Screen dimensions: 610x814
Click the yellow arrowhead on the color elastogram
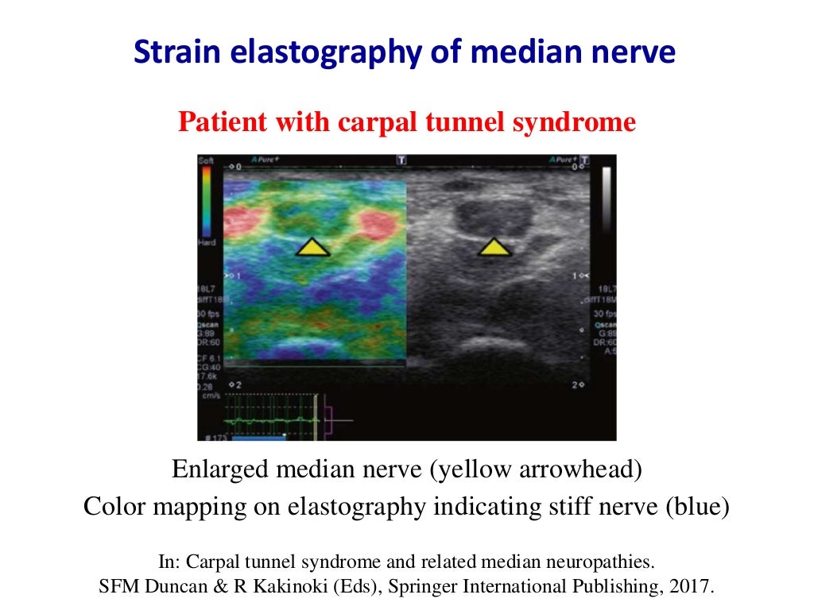[313, 248]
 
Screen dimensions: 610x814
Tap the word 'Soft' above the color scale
[205, 161]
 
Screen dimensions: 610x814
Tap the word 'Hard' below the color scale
[206, 242]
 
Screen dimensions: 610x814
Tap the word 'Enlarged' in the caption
[220, 469]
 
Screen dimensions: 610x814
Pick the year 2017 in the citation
[695, 588]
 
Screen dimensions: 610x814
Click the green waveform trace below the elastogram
[270, 419]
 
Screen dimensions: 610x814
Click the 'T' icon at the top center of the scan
[401, 160]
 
